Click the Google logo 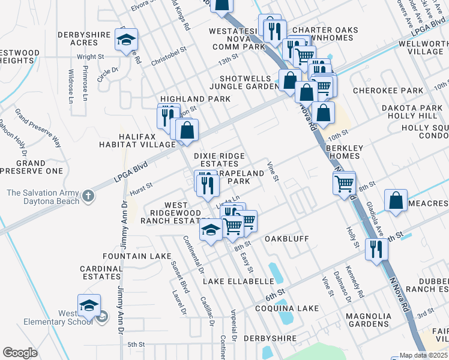(20, 353)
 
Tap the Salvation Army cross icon (88, 196)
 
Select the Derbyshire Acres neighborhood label (86, 39)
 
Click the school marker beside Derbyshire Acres (126, 40)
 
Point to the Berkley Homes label (344, 152)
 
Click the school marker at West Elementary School (89, 305)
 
